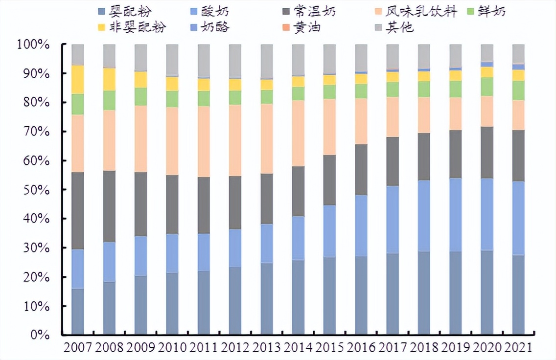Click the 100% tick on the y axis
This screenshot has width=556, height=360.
point(33,45)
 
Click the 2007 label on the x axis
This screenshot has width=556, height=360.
point(78,348)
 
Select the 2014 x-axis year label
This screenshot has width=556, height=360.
point(298,348)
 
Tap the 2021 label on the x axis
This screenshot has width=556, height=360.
point(518,348)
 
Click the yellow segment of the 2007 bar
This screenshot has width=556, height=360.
point(78,79)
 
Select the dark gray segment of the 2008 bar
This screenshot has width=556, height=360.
point(109,206)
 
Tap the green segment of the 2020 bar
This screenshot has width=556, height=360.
point(486,87)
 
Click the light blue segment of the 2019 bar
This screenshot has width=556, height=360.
point(455,215)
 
